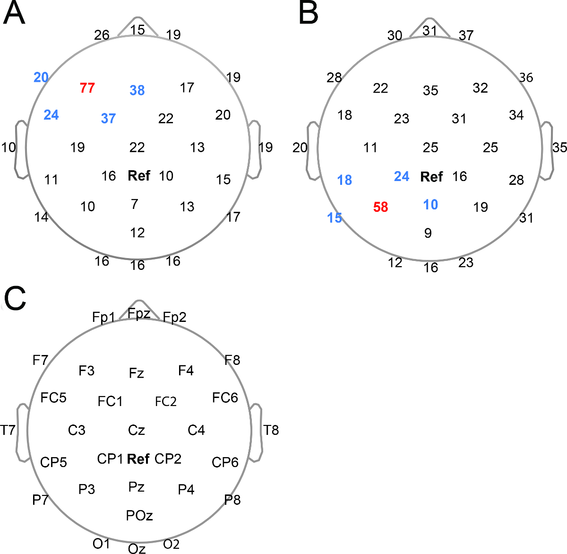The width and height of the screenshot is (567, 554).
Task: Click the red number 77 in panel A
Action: [x=87, y=88]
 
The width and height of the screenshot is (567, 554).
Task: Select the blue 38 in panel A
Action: [x=137, y=90]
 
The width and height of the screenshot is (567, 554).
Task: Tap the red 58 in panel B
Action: [x=380, y=207]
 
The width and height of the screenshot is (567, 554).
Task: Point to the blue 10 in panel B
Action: [x=430, y=205]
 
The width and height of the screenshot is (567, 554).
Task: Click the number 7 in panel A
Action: [x=135, y=204]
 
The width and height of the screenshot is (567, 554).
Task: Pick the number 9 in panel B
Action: [x=428, y=233]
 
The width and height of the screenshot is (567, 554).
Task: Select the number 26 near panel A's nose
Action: [x=102, y=35]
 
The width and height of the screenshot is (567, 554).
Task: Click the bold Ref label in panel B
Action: [x=431, y=177]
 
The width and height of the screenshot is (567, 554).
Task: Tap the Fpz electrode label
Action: [x=139, y=313]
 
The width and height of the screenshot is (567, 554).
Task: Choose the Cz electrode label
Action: [x=137, y=430]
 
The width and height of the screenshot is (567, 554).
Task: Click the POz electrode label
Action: [x=139, y=515]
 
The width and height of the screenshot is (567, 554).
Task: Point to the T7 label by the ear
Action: [x=8, y=430]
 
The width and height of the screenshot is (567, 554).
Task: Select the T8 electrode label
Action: [x=271, y=430]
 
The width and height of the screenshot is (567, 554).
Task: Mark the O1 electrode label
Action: [x=101, y=544]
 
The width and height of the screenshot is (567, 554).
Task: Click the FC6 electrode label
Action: [x=225, y=398]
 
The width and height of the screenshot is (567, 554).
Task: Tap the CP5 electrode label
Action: [x=53, y=462]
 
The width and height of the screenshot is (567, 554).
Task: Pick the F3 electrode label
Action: [x=86, y=371]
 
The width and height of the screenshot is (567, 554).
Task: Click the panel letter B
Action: [x=309, y=14]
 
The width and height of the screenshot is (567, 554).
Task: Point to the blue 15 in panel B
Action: [x=335, y=218]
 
